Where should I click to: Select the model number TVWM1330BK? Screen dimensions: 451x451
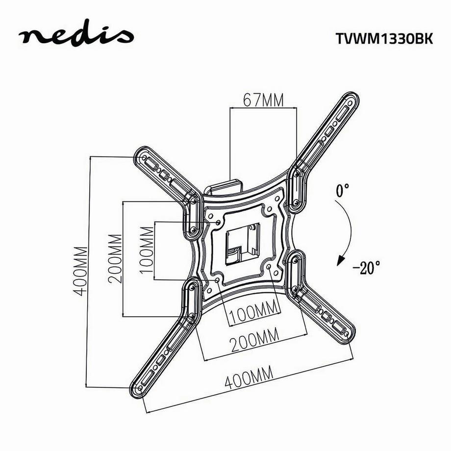[x=384, y=39]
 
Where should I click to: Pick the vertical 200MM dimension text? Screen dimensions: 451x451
[x=116, y=258]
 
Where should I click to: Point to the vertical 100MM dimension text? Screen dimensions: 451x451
[x=146, y=251]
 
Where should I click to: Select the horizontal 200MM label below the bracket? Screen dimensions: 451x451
[x=253, y=338]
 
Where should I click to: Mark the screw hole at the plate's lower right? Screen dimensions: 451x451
[x=271, y=267]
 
